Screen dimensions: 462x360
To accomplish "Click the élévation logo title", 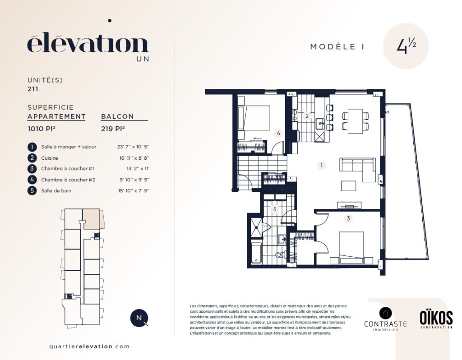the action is pos(88,44).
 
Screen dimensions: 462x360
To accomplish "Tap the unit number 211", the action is pos(32,89).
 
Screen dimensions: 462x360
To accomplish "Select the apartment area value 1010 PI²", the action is pos(42,129).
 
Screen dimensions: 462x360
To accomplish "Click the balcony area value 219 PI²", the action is pos(113,129).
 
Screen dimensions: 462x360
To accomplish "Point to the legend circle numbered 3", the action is pos(32,169).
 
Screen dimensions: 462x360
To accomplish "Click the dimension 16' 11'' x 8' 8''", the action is pos(134,158).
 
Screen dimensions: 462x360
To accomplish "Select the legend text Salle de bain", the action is pos(56,191).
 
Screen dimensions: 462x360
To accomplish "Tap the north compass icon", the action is pos(139,318).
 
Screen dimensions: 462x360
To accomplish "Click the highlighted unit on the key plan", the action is pos(92,219).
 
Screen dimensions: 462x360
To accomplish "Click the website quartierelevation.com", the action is pos(90,346).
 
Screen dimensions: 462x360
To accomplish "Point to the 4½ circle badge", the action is pos(406,46).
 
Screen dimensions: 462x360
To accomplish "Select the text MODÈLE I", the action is pos(337,46).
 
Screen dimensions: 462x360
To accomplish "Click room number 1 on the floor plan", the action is pos(321,165).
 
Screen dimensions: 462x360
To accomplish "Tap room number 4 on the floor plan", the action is pos(278,133).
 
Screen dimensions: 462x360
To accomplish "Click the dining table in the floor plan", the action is pos(356,121).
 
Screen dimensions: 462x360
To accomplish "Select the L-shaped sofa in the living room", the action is pos(358,169).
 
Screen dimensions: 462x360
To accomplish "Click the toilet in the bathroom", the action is pos(281,254).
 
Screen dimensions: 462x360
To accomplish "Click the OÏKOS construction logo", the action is pos(436,319).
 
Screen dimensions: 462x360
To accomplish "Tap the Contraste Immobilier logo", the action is pos(385,319).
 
